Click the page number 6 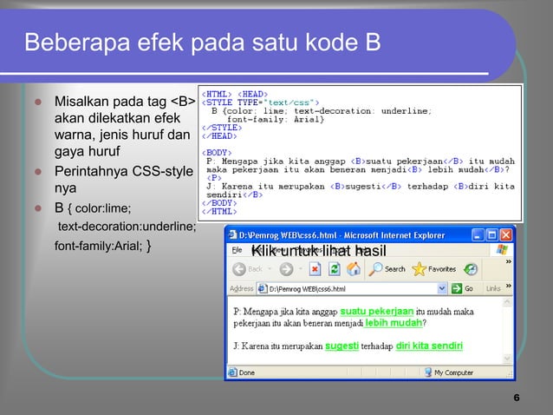click(516, 399)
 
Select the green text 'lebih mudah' click(394, 324)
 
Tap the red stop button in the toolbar click(315, 269)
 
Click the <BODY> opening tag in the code click(218, 151)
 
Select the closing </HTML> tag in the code click(219, 210)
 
